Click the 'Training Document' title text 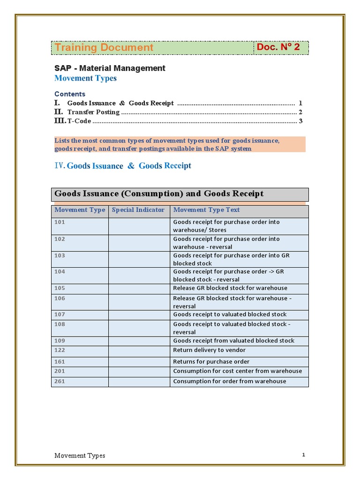click(104, 47)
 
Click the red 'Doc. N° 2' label click(278, 47)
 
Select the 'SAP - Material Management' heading click(110, 68)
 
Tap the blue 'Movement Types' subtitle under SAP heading click(85, 78)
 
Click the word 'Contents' click(70, 94)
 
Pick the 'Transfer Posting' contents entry click(93, 112)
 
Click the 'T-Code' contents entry click(79, 121)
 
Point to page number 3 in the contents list click(300, 121)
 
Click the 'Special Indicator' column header click(138, 210)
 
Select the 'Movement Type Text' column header click(206, 210)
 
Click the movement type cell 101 click(60, 222)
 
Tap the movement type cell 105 click(60, 288)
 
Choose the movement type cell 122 click(60, 350)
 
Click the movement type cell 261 click(60, 381)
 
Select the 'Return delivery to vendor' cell click(209, 350)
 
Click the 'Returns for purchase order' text click(211, 361)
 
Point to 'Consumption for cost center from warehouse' click(237, 371)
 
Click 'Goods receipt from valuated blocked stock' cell click(233, 341)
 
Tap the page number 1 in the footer click(304, 455)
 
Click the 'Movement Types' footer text click(80, 456)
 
